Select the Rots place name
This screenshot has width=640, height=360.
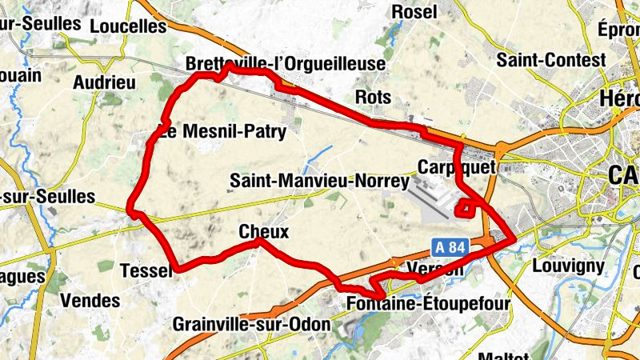point(376,98)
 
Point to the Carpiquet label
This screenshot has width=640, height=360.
point(457,166)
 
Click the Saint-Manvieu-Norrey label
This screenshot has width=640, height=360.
point(319,182)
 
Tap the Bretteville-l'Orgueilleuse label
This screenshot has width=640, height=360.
point(286,63)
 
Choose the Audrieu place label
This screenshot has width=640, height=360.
point(104,82)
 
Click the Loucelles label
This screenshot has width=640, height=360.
point(128,26)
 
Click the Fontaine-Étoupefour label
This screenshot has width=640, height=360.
point(428,304)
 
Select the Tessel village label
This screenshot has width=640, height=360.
point(146,271)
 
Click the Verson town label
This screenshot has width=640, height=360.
point(434,270)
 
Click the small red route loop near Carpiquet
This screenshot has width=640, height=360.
point(464,209)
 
